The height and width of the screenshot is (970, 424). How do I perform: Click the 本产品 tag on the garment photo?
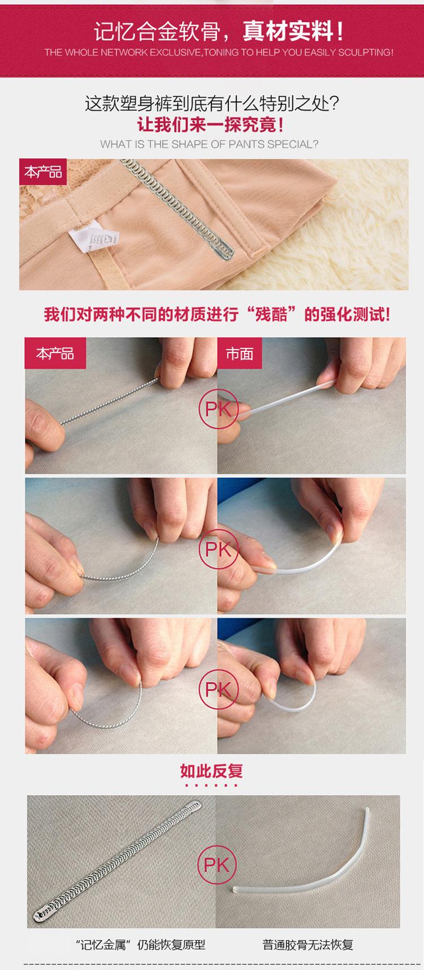(43, 171)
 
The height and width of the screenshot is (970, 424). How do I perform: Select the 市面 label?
(239, 353)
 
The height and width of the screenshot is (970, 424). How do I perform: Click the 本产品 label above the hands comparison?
(55, 353)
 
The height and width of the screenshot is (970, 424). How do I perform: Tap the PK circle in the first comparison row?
(218, 409)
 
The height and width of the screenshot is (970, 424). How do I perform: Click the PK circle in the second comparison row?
(218, 548)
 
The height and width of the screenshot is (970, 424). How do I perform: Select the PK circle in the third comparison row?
(218, 689)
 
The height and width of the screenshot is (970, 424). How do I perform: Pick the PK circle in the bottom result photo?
(217, 865)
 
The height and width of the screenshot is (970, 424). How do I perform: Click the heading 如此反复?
(211, 771)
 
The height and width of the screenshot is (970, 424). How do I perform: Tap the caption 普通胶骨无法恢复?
(308, 945)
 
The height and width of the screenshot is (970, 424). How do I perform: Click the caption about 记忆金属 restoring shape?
(141, 945)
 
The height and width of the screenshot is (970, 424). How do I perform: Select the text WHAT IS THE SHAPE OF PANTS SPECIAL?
(209, 144)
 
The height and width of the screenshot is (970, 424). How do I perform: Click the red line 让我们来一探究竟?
(211, 125)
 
